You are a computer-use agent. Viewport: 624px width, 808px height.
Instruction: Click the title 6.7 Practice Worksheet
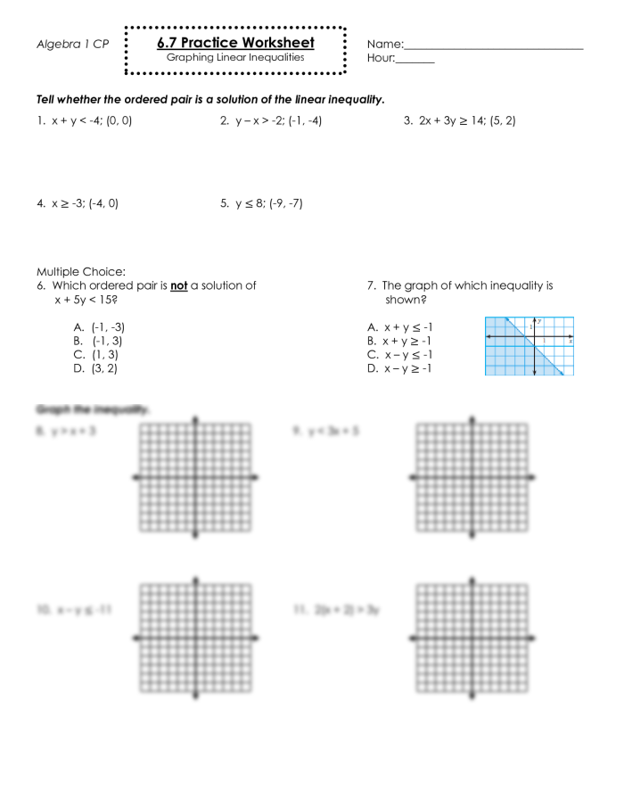(x=235, y=43)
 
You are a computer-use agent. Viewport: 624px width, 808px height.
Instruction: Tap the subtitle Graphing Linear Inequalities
(x=235, y=58)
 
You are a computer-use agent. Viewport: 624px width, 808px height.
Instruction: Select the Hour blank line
(x=415, y=61)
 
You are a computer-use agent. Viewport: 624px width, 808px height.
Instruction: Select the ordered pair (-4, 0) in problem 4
(x=103, y=203)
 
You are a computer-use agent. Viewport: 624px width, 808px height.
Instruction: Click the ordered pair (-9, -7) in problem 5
(x=285, y=203)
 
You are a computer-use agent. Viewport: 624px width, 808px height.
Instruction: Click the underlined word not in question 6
(x=178, y=286)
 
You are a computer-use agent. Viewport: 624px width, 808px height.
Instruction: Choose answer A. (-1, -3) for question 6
(x=100, y=327)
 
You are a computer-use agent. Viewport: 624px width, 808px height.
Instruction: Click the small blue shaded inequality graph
(x=529, y=346)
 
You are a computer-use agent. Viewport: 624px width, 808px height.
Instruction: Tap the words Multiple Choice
(x=81, y=272)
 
